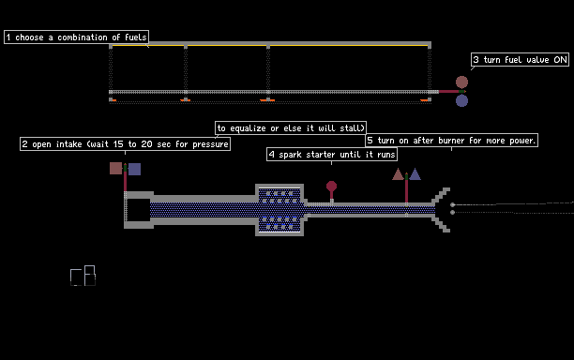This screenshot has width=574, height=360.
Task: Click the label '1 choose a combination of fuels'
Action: pos(77,37)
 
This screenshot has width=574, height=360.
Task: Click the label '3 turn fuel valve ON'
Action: pos(520,60)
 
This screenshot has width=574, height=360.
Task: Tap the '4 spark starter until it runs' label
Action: pos(332,155)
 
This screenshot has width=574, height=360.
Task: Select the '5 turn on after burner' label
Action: pos(452,141)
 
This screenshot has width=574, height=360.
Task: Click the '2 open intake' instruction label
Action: pos(125,144)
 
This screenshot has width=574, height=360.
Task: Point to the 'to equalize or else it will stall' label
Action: pos(291,128)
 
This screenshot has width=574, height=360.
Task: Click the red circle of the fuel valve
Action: pos(461,82)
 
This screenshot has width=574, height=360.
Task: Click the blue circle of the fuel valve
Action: pos(461,100)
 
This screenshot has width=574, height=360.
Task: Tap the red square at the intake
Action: pos(115,169)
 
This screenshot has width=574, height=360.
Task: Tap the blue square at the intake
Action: pos(134,169)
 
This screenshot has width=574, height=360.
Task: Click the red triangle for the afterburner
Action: pos(398,175)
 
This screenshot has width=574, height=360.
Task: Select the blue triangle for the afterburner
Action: pos(415,175)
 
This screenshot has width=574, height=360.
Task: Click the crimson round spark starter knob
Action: pos(331,187)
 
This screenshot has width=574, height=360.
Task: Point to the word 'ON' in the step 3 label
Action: pos(560,60)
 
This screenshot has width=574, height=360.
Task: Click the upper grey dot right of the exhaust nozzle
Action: pos(452,205)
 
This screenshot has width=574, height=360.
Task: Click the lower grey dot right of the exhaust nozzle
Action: pos(452,212)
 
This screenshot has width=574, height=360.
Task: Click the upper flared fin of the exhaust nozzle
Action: pos(441,196)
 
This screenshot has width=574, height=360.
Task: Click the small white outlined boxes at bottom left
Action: pos(83,276)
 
